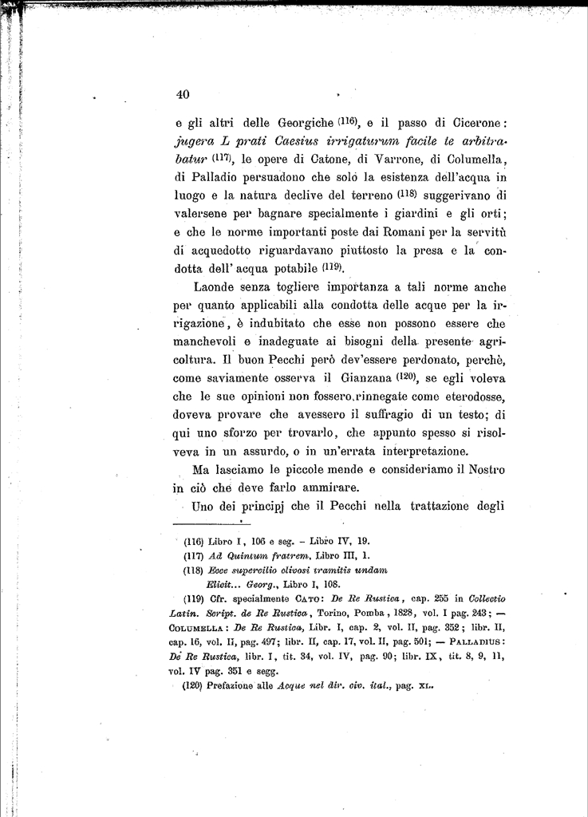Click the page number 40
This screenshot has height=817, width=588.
(182, 94)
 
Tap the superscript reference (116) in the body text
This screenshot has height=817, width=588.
(349, 121)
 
